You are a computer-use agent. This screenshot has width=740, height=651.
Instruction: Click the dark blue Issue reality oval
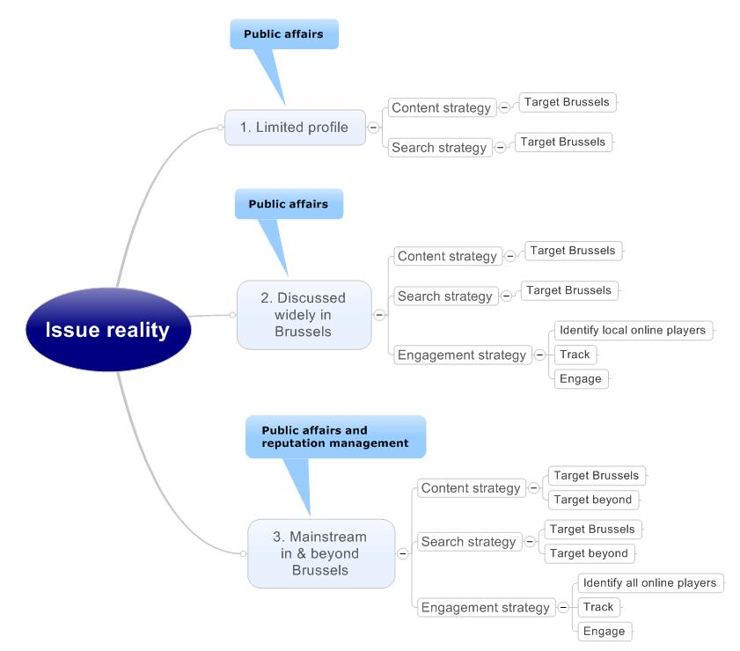[x=108, y=330]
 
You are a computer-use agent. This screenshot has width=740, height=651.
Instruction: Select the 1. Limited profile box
[x=294, y=127]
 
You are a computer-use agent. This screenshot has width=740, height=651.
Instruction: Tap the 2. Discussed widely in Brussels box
[x=304, y=315]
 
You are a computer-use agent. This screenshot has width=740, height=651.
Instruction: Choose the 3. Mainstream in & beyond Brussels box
[x=320, y=553]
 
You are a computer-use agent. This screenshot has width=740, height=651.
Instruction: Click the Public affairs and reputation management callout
[x=335, y=437]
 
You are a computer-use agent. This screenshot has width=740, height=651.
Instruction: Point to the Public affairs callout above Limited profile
[x=283, y=34]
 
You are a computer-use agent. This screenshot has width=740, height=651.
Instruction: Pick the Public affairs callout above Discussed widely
[x=289, y=204]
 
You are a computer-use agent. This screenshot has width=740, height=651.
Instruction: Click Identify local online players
[x=632, y=330]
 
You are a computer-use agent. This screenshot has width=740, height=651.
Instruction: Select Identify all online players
[x=650, y=582]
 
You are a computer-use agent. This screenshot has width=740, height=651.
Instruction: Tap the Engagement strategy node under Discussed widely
[x=462, y=355]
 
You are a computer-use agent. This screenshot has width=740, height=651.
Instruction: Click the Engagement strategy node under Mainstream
[x=485, y=607]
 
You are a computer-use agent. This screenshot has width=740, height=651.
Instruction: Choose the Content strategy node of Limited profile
[x=441, y=107]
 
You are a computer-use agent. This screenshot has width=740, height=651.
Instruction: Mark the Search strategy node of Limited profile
[x=439, y=147]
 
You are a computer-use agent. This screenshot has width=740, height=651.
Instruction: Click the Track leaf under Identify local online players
[x=575, y=355]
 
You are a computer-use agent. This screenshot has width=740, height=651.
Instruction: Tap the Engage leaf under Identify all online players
[x=604, y=631]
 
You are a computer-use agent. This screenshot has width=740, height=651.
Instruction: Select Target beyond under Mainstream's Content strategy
[x=593, y=500]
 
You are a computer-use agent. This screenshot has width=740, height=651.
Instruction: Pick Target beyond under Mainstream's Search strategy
[x=589, y=553]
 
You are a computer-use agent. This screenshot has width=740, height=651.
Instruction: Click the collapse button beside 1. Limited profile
[x=373, y=127]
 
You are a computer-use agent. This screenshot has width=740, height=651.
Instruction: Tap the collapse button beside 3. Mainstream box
[x=403, y=553]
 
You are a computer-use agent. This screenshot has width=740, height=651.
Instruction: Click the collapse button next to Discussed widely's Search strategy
[x=506, y=296]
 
